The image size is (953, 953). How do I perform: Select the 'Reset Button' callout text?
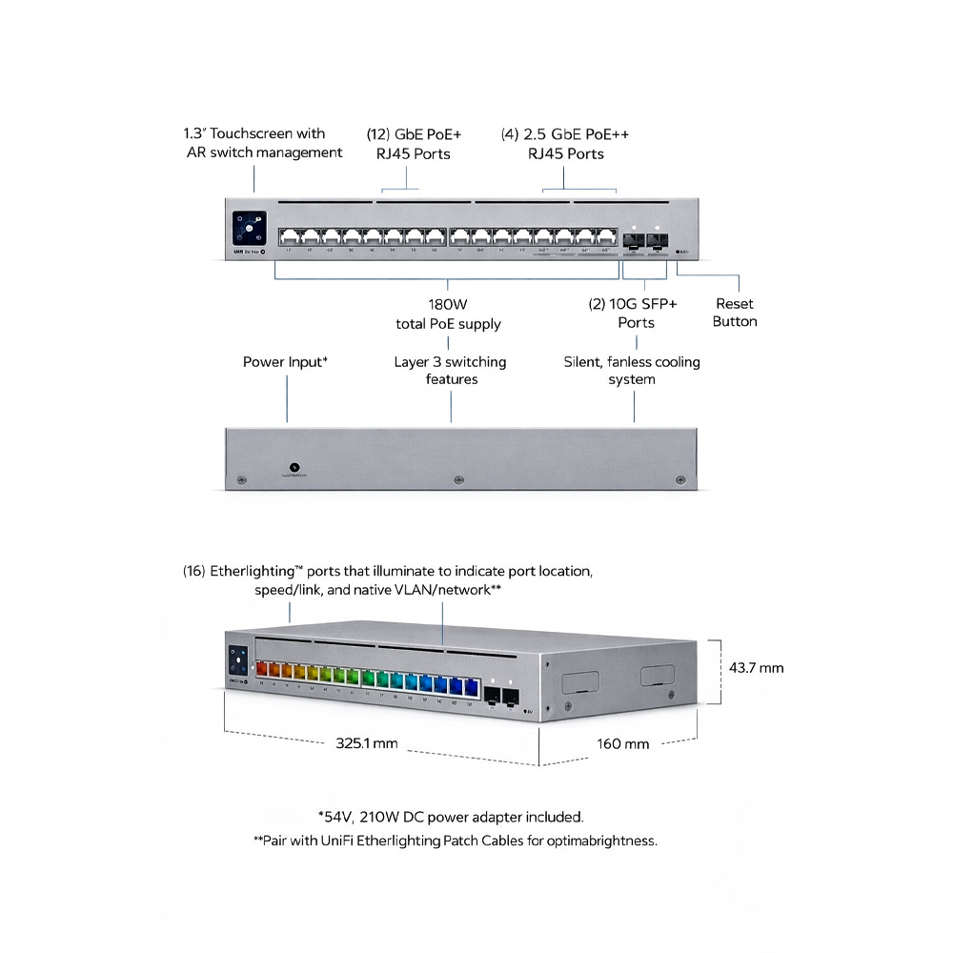click(735, 313)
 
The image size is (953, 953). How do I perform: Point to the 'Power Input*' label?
click(286, 362)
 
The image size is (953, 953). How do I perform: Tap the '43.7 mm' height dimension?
click(756, 668)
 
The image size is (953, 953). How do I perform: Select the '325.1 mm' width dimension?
click(367, 743)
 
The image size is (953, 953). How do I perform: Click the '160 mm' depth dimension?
click(623, 743)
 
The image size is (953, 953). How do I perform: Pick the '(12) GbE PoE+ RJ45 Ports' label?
click(407, 144)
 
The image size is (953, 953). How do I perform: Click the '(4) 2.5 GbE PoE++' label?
click(565, 134)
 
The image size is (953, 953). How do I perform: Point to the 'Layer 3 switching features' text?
click(451, 371)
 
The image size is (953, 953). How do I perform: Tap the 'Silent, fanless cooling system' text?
click(632, 371)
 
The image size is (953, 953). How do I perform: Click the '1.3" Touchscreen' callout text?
click(254, 134)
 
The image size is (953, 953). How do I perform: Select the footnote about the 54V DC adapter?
click(450, 817)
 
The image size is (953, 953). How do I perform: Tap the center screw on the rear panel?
click(458, 479)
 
